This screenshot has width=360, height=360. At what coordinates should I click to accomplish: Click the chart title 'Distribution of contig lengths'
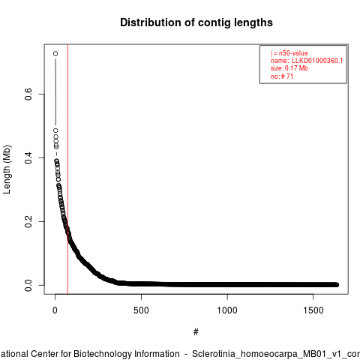(x=196, y=22)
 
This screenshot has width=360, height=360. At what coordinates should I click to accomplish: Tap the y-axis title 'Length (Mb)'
(x=7, y=169)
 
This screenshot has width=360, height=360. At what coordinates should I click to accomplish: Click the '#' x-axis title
(x=196, y=332)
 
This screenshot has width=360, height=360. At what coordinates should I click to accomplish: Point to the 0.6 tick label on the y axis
(x=28, y=94)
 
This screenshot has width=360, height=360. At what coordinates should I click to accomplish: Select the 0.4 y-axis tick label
(x=28, y=157)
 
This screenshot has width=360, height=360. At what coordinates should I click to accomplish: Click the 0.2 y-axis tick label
(x=28, y=221)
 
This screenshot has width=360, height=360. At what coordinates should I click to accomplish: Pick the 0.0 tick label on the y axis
(x=28, y=285)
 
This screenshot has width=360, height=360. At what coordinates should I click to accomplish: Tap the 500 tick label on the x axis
(x=141, y=310)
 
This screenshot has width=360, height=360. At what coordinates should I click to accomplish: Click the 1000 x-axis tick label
(x=227, y=310)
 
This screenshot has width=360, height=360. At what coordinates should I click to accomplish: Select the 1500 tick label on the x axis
(x=313, y=310)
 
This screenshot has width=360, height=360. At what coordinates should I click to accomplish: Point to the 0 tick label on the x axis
(x=55, y=310)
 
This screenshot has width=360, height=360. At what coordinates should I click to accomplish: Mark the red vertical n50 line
(x=67, y=169)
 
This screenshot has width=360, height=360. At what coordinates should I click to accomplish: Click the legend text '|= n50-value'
(x=289, y=53)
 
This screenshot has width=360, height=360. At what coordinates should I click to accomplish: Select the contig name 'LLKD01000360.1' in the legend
(x=317, y=61)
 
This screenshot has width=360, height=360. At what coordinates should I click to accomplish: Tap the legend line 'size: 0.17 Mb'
(x=289, y=68)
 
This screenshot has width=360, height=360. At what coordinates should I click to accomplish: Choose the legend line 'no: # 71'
(x=282, y=76)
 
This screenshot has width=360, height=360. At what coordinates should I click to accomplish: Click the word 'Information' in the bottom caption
(x=157, y=354)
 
